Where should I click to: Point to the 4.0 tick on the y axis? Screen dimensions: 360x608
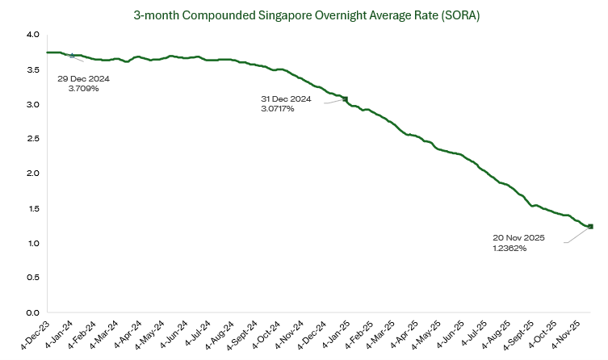(x=31, y=35)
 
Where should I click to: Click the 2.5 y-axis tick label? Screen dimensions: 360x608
(x=31, y=140)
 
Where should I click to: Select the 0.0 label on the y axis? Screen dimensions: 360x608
(x=31, y=313)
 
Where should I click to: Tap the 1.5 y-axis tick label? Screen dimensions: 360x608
(x=31, y=209)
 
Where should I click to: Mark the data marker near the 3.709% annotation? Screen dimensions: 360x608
(x=72, y=56)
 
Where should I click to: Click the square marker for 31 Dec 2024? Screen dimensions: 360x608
(x=346, y=99)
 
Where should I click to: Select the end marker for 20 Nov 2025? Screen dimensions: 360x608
(x=590, y=227)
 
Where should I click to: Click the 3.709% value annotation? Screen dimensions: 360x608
(x=83, y=89)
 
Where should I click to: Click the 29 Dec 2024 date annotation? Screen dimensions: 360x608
(x=83, y=79)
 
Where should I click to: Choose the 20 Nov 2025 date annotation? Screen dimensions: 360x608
(x=520, y=238)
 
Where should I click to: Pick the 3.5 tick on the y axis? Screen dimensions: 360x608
(x=31, y=70)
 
